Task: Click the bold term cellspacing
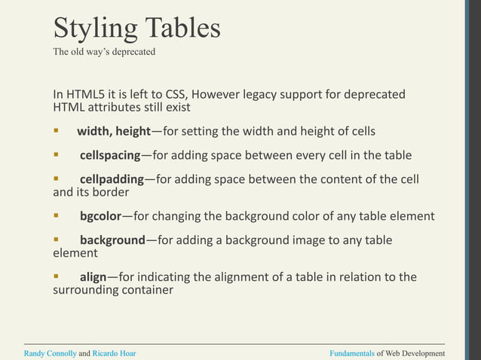click(x=110, y=156)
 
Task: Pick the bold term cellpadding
click(x=112, y=179)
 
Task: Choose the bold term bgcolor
click(x=100, y=216)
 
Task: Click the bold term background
click(x=112, y=240)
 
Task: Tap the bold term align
click(x=93, y=277)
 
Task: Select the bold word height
click(x=133, y=132)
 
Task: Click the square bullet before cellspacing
click(x=56, y=155)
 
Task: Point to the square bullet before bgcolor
click(x=56, y=215)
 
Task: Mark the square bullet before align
click(x=56, y=276)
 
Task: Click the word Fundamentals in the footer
click(x=352, y=352)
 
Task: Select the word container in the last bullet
click(x=142, y=290)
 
